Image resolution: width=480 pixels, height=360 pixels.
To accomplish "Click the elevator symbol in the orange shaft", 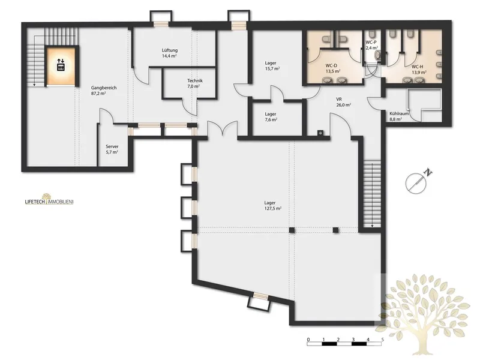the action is coord(61,65).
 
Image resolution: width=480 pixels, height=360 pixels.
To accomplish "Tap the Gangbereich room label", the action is coord(103,91).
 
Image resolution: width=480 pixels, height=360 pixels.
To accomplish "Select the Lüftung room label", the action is coord(170,53).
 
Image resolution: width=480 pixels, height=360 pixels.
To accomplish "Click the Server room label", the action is coord(112,149).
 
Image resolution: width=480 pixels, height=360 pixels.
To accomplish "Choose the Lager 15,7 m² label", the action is coord(272,66).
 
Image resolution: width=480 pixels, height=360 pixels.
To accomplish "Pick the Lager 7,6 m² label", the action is coord(271,116).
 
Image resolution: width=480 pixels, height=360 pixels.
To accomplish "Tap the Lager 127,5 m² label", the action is coord(272,205).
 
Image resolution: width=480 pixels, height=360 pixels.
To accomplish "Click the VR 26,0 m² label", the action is coord(343,102).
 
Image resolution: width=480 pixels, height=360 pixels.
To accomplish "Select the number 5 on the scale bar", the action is coord(383,340).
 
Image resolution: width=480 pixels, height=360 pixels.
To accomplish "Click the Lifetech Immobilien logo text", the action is coord(49,201).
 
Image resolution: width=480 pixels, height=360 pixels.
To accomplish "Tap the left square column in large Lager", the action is coord(292,230).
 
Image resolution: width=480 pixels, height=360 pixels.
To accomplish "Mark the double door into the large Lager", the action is coord(223,128).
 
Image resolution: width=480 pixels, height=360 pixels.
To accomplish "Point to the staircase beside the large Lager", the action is coord(372,193).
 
